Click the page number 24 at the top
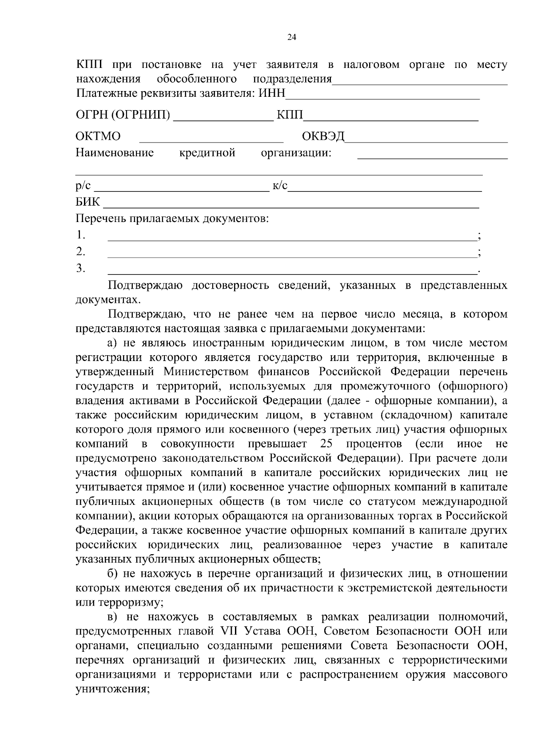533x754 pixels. pyautogui.click(x=292, y=37)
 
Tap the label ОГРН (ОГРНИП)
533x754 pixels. pyautogui.click(x=123, y=115)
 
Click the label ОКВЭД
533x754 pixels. pyautogui.click(x=323, y=136)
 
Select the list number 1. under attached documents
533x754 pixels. pyautogui.click(x=80, y=234)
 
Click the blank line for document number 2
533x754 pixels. pyautogui.click(x=291, y=254)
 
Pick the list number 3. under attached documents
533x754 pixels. pyautogui.click(x=80, y=268)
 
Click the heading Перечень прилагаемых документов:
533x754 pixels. pyautogui.click(x=172, y=218)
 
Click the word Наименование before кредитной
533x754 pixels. pyautogui.click(x=115, y=153)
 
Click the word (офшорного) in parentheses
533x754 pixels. pyautogui.click(x=473, y=386)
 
